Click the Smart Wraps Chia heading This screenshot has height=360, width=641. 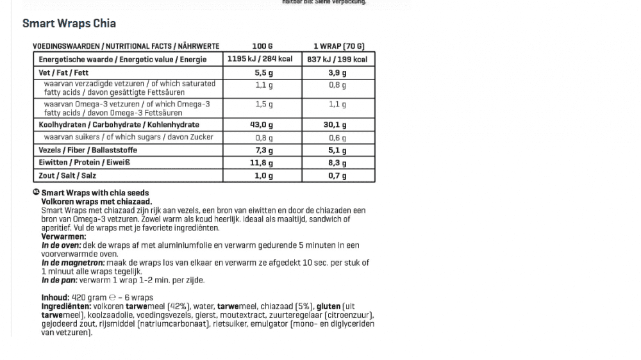pyautogui.click(x=69, y=24)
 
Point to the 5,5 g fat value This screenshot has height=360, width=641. pyautogui.click(x=263, y=73)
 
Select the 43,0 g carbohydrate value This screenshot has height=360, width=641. pyautogui.click(x=262, y=125)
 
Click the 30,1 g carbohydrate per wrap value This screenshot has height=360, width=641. pyautogui.click(x=337, y=125)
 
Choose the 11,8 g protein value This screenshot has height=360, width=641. pyautogui.click(x=262, y=163)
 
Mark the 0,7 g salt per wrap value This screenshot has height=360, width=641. pyautogui.click(x=337, y=175)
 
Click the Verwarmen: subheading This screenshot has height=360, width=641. pyautogui.click(x=63, y=236)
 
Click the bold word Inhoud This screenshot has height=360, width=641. pyautogui.click(x=54, y=297)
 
